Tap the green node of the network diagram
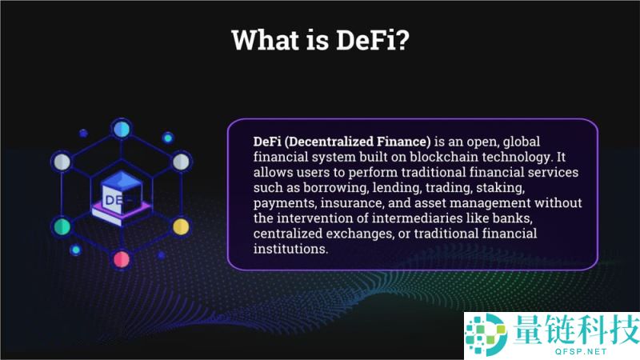pyautogui.click(x=62, y=226)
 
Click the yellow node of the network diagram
pyautogui.click(x=181, y=226)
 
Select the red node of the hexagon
pyautogui.click(x=122, y=258)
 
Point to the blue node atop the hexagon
pyautogui.click(x=122, y=128)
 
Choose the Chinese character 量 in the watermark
pyautogui.click(x=530, y=328)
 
